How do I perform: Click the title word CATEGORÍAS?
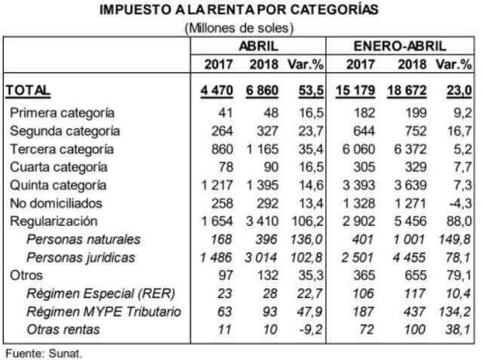coord(330,11)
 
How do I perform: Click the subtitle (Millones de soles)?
coord(239,28)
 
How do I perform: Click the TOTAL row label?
coord(29,91)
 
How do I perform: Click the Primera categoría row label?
coord(63,112)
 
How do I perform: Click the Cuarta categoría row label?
coord(60,167)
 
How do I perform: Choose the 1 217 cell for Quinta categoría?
coord(215,185)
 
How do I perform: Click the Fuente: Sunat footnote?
coord(33,351)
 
